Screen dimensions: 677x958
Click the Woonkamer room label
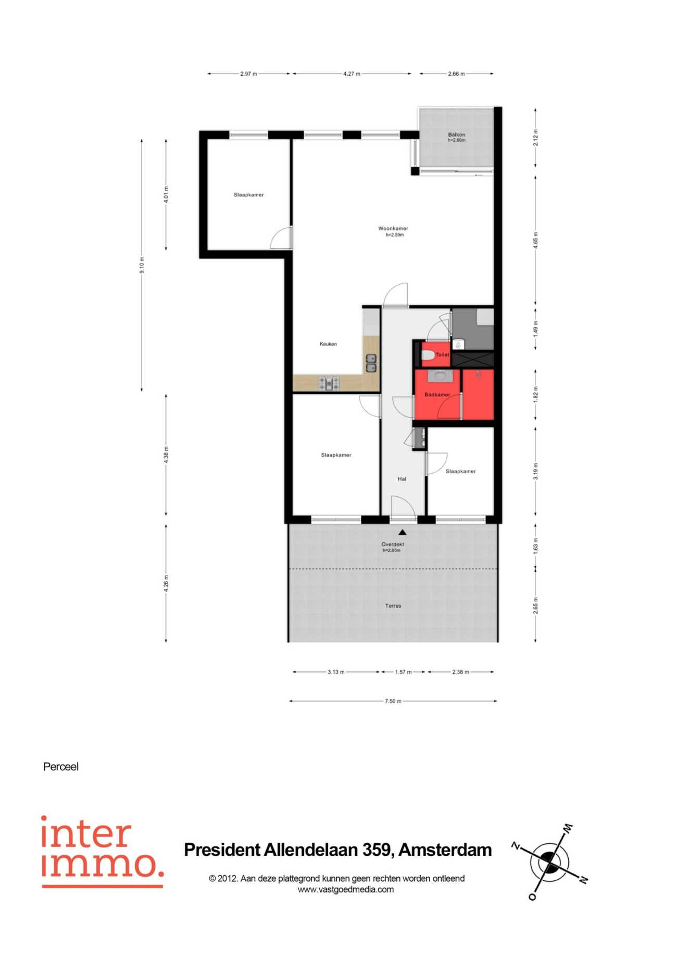tap(393, 228)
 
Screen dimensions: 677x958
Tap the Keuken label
tap(328, 344)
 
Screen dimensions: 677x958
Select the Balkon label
tap(457, 134)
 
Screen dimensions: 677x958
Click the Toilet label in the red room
tap(442, 354)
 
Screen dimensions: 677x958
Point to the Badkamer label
tap(437, 395)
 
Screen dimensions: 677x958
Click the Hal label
tap(402, 479)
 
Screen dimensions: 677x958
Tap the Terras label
tap(393, 606)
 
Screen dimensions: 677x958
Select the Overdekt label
tap(393, 544)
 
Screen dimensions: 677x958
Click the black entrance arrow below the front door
tap(403, 532)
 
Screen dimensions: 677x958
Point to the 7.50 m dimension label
tap(393, 701)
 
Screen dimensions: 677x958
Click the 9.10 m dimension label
tap(142, 265)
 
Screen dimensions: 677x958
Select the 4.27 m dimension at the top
tap(352, 74)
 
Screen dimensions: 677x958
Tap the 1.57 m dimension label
tap(403, 672)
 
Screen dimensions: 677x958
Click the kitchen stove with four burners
tap(329, 384)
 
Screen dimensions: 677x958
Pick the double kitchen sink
tap(371, 363)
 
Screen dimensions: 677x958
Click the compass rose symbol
tap(549, 863)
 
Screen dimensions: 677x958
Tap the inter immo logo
tap(102, 852)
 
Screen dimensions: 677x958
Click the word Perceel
tap(61, 767)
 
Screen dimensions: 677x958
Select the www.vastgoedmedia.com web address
tap(346, 890)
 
